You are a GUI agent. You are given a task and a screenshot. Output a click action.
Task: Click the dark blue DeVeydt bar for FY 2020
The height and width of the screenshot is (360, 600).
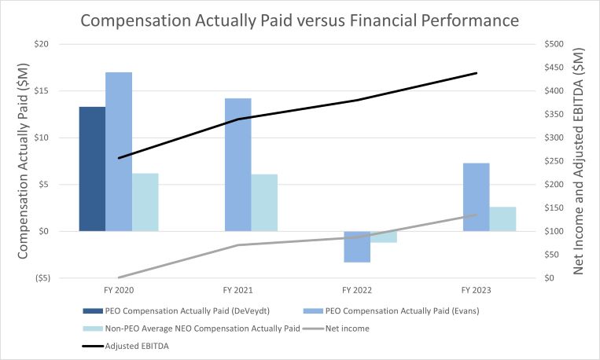click(x=92, y=169)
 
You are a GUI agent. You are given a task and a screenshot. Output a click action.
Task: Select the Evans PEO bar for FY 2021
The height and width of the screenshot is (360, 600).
click(x=238, y=165)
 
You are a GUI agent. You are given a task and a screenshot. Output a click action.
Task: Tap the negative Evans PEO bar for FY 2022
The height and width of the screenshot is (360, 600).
click(x=357, y=247)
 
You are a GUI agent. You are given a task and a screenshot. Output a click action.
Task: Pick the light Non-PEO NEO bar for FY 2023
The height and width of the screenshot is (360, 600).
click(x=503, y=219)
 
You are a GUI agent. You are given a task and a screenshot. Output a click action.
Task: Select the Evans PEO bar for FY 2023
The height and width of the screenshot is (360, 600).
click(x=477, y=197)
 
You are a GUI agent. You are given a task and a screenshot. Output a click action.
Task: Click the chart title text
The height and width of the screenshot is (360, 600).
click(x=300, y=19)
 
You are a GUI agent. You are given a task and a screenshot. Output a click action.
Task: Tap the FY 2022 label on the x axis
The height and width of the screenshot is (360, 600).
click(x=358, y=290)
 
